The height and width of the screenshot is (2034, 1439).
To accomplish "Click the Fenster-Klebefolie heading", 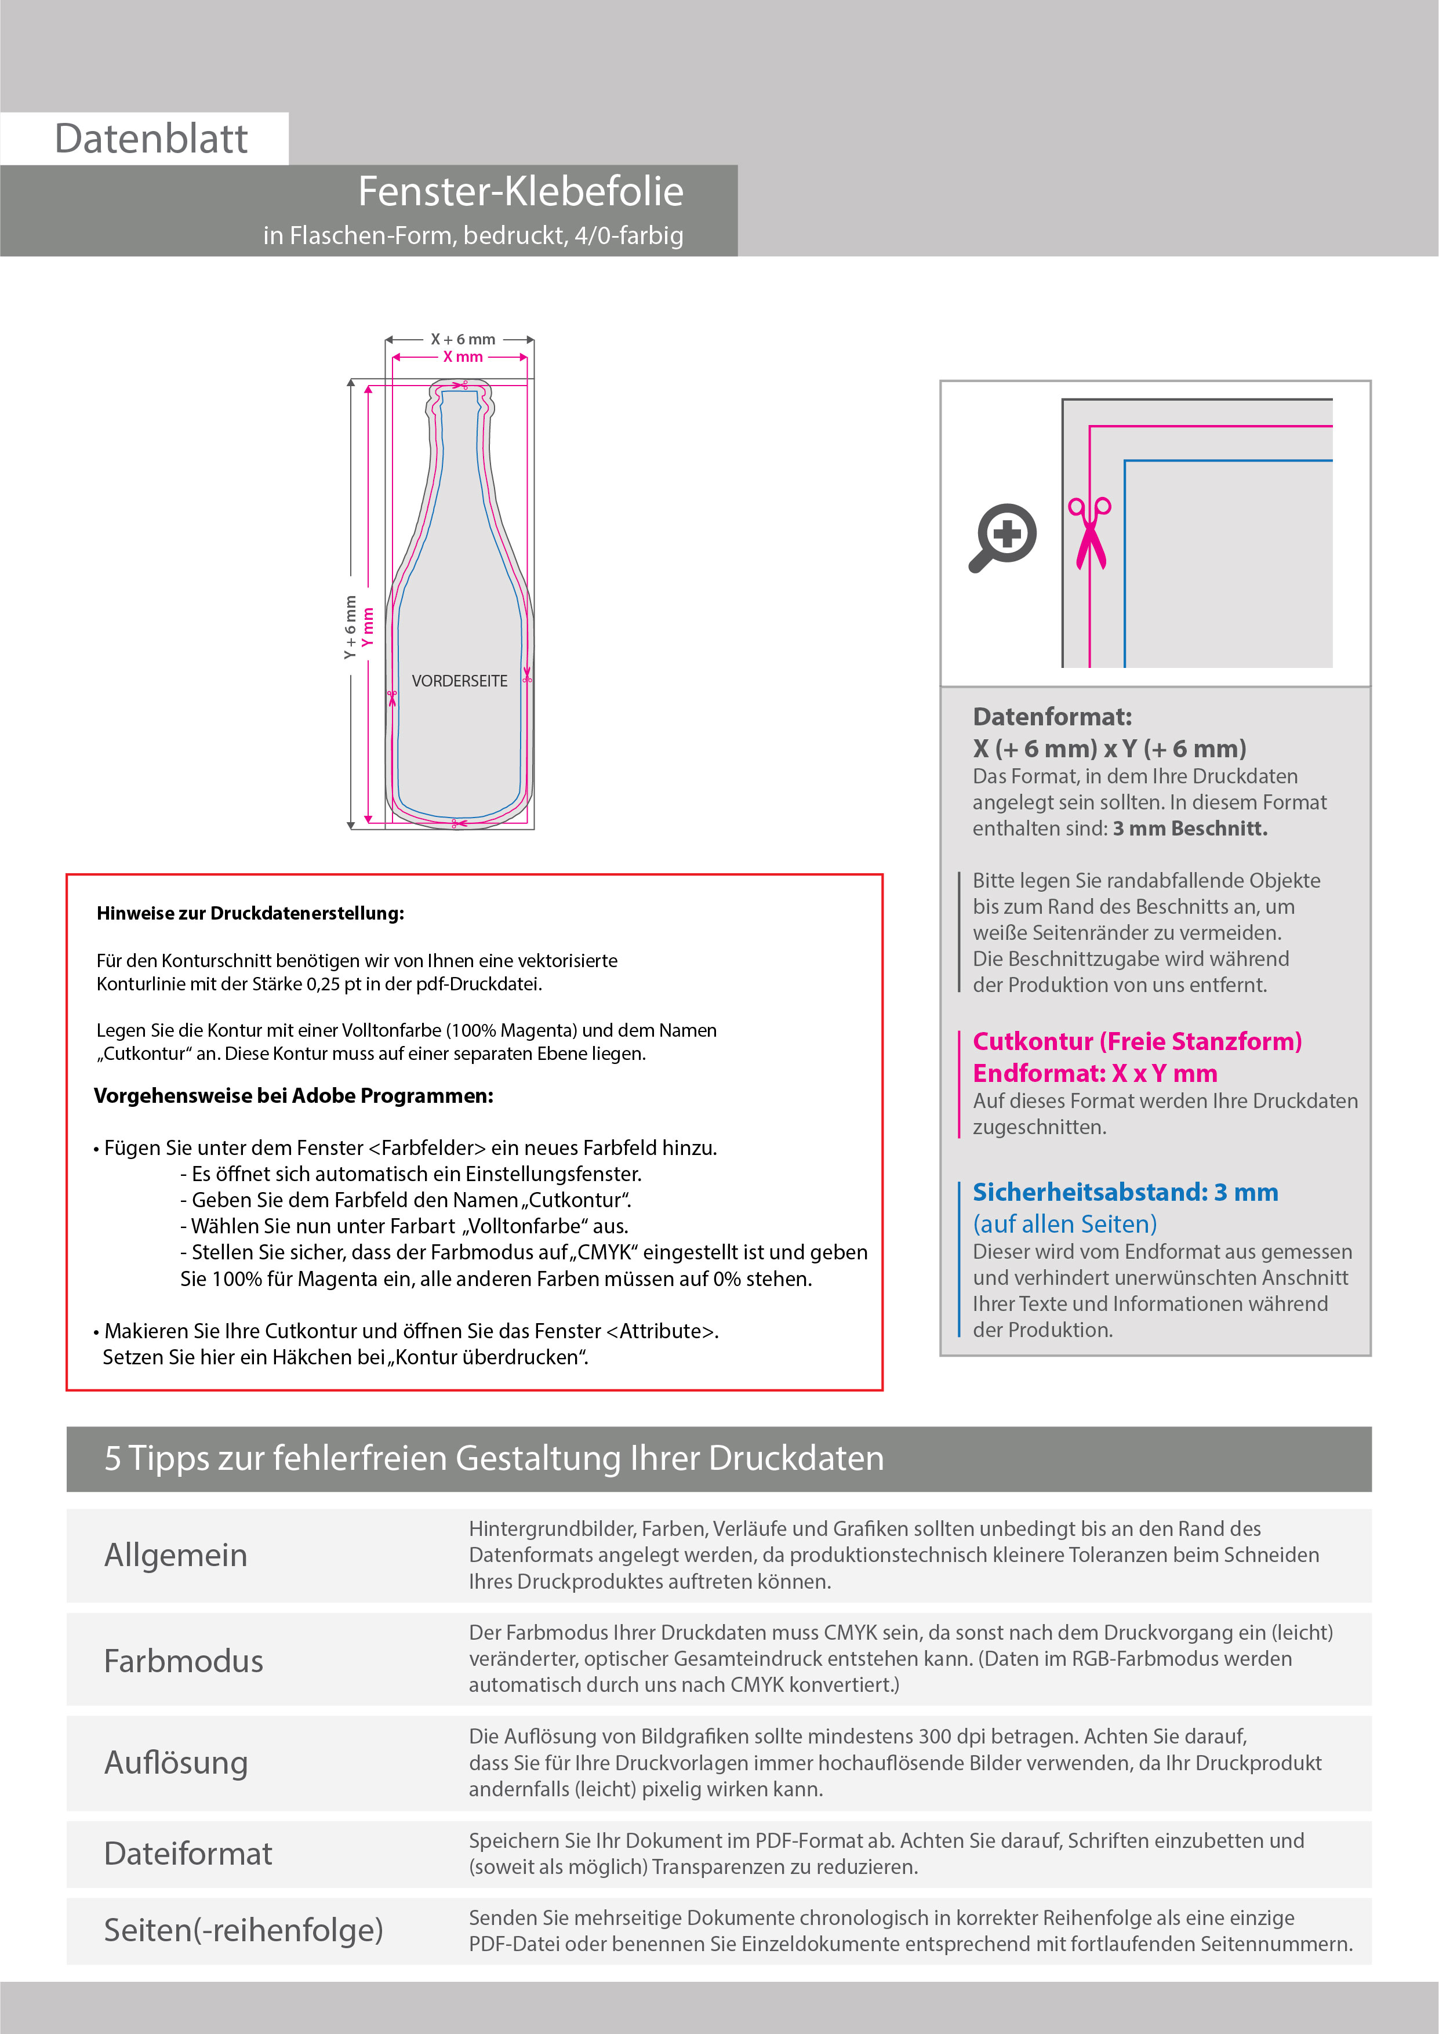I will coord(520,191).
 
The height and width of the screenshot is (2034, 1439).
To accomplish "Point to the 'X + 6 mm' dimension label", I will coord(463,339).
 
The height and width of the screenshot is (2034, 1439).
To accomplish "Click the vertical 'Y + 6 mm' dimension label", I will coord(351,627).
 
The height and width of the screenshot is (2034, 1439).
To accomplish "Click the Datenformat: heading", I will coord(1052,717).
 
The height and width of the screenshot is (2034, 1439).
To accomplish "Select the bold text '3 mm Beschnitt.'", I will coord(1190,829).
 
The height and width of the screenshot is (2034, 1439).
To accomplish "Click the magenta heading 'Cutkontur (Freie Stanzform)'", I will coord(1137,1041).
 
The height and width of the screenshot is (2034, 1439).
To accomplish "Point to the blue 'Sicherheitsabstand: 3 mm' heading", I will coord(1125,1192).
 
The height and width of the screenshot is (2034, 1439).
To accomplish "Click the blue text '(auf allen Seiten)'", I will coord(1064,1223).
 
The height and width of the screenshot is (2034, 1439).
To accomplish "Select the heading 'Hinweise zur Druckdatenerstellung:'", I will coord(250,913).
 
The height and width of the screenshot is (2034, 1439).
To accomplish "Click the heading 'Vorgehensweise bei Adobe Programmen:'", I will coord(293,1096).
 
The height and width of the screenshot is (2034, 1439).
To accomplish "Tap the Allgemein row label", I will coord(176,1554).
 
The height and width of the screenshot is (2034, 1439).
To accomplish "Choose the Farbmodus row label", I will coord(183,1660).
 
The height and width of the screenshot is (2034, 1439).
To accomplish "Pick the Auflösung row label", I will coord(176,1762).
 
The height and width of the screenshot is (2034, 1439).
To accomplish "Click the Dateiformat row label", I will coord(188,1853).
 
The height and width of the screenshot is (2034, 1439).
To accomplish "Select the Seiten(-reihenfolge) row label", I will coord(244,1930).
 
